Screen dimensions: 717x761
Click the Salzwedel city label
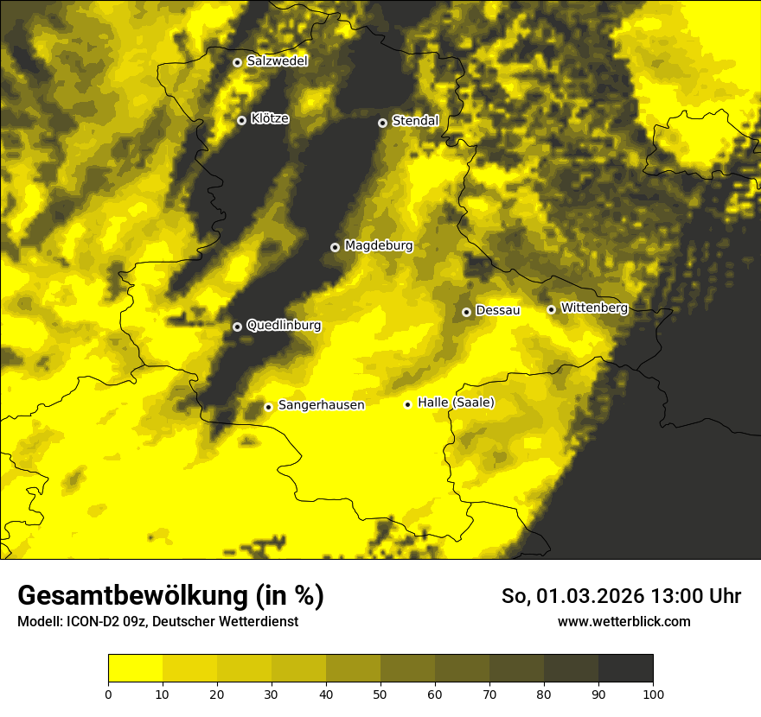pyautogui.click(x=277, y=61)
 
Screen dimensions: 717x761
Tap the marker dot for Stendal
pyautogui.click(x=382, y=123)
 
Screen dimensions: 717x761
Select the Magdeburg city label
pyautogui.click(x=379, y=246)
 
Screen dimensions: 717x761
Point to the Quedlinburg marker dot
pyautogui.click(x=237, y=327)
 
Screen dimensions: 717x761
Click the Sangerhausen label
pyautogui.click(x=321, y=405)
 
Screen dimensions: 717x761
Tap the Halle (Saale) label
pyautogui.click(x=456, y=403)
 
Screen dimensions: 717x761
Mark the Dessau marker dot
pyautogui.click(x=466, y=312)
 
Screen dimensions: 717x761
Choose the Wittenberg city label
pyautogui.click(x=594, y=308)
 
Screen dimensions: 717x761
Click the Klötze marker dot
pyautogui.click(x=241, y=120)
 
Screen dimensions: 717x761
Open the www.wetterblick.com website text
pyautogui.click(x=624, y=621)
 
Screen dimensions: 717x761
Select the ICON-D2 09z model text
pyautogui.click(x=103, y=622)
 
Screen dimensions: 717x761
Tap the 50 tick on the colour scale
pyautogui.click(x=380, y=694)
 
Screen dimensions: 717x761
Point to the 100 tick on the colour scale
pyautogui.click(x=653, y=694)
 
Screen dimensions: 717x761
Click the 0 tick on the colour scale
pyautogui.click(x=108, y=694)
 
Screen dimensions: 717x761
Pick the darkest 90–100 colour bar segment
pyautogui.click(x=625, y=669)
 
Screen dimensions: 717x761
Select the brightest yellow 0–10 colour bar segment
pyautogui.click(x=135, y=669)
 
